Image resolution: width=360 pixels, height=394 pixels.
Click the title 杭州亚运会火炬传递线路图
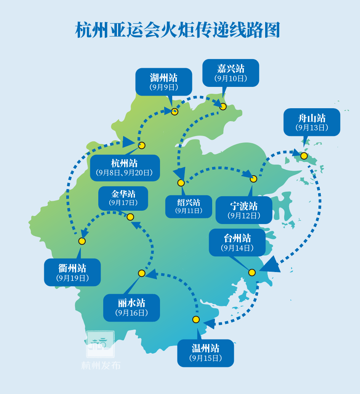point(178,30)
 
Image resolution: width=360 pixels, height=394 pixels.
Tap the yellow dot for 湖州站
point(174,112)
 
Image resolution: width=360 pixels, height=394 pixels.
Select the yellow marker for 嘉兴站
point(223,107)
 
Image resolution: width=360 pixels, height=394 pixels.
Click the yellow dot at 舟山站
point(304,156)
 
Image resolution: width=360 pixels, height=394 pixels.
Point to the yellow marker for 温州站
point(196,319)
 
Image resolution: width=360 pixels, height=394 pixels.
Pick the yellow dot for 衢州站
point(82,241)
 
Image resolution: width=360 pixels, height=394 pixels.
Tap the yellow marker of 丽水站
point(142,273)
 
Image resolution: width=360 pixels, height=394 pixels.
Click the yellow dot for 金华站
point(130,217)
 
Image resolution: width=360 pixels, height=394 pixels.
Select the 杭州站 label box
point(125,168)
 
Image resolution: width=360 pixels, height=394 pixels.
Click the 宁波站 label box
point(244,210)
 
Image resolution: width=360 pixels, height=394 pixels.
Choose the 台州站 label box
point(237,242)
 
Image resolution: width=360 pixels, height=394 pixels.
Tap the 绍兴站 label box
point(189,206)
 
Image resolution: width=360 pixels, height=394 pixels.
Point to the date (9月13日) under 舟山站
point(312,128)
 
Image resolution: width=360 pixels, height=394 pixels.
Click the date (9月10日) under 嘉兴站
point(230,78)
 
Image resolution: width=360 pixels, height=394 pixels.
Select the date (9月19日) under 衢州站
point(72,278)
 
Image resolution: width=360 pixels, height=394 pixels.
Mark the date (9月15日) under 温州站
point(205,358)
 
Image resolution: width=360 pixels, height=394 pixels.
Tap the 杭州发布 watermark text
point(101,365)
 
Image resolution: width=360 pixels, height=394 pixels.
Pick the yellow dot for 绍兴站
point(181,183)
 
